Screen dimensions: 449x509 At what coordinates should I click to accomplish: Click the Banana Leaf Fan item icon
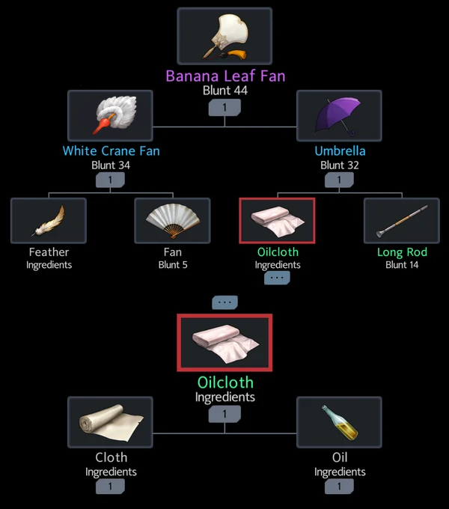pos(224,36)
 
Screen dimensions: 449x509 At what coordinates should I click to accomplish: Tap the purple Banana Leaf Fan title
pos(225,76)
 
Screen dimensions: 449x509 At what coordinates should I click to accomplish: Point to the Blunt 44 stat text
pos(225,91)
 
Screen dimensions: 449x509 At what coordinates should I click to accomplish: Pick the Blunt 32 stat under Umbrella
pos(340,165)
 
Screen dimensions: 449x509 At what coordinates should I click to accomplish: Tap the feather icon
pos(49,220)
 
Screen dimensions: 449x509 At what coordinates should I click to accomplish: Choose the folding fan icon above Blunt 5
pos(173,220)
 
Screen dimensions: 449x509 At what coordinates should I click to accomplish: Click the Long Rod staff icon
pos(402,220)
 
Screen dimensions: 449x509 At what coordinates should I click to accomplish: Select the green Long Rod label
pos(402,252)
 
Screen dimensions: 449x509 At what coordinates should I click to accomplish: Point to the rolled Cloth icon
pos(110,422)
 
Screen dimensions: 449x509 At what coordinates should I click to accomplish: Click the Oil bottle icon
pos(339,422)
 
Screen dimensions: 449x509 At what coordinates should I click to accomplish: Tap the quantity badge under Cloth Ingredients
pos(110,487)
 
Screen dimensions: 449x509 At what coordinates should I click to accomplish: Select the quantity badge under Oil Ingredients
pos(339,487)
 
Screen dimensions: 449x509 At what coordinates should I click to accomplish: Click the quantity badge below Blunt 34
pos(110,180)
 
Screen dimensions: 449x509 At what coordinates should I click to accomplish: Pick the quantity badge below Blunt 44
pos(224,108)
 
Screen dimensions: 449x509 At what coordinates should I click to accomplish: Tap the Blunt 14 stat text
pos(402,265)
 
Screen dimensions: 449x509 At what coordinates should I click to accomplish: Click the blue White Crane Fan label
pos(112,151)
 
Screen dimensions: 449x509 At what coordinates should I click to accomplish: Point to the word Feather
pos(49,252)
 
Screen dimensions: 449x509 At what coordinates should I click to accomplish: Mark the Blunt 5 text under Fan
pos(173,265)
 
